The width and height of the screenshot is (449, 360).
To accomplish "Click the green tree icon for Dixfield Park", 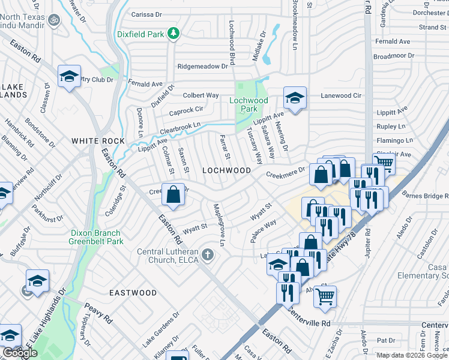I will coord(173,33).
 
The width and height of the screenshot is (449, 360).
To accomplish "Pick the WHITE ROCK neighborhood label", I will coord(98,141).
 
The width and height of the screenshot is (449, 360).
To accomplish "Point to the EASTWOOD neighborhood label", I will coord(133,293).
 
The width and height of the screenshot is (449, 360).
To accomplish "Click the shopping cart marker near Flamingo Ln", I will coord(384,162).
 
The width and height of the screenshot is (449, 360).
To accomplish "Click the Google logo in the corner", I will coord(20,353).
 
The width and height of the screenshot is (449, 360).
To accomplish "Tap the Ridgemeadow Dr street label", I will coord(203,67).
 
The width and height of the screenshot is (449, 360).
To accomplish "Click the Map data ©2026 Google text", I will coord(412,355).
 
